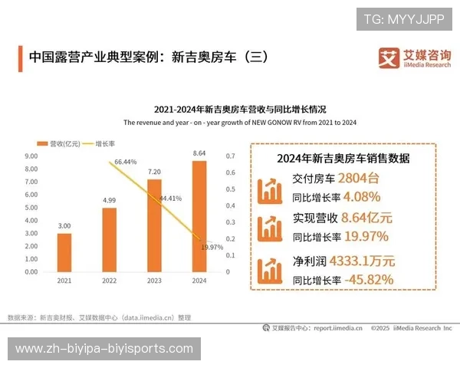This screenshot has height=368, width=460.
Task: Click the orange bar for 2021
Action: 64,252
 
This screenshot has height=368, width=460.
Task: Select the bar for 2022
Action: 109,239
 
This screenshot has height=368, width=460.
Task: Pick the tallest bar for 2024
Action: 199,216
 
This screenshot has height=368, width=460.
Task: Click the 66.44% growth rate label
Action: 125,163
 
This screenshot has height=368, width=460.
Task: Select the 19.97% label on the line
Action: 212,247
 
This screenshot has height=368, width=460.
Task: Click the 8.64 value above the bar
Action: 199,153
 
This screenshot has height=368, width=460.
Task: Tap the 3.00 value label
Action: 64,226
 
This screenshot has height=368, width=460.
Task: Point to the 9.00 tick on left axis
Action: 31,156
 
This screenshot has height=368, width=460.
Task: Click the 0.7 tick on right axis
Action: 230,156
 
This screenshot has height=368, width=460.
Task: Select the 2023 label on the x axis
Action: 154,281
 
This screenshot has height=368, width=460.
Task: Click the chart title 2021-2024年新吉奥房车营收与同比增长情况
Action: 239,109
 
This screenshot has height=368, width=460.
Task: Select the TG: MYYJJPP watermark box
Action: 404,18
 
